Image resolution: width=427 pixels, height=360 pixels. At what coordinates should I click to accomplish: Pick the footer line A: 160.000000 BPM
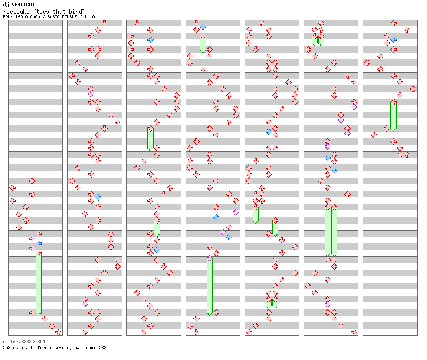[x=24, y=342]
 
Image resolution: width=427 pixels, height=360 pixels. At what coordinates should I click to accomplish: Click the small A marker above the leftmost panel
[x=6, y=22]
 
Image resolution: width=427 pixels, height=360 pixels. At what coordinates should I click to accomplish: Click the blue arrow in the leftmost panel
[x=39, y=244]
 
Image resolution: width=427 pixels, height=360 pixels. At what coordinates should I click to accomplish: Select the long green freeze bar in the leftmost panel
[x=39, y=284]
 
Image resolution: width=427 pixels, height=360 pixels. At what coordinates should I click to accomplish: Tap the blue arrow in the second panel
[x=98, y=198]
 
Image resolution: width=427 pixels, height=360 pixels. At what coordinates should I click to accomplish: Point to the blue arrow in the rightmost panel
[x=393, y=40]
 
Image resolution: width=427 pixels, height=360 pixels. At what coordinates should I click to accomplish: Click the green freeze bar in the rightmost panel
[x=393, y=116]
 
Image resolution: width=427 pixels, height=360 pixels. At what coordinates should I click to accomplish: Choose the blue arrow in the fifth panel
[x=269, y=132]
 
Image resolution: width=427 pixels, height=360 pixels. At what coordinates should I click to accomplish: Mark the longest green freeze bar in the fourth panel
[x=209, y=286]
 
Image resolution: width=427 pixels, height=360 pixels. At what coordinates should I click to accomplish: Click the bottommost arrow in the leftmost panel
[x=58, y=332]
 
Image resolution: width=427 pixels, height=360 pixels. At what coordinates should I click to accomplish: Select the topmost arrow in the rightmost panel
[x=393, y=23]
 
